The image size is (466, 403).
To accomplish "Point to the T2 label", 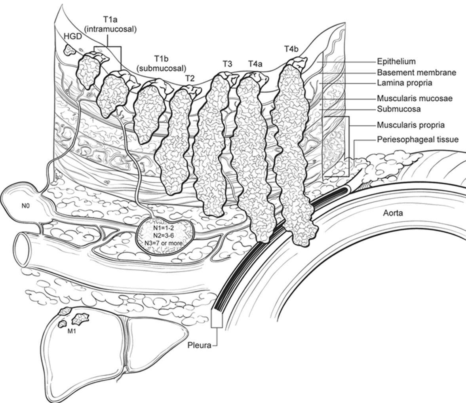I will click(190, 78).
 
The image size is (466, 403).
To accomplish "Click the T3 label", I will click(227, 63).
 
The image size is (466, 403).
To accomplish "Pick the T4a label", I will click(256, 63).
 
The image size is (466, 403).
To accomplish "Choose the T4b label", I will click(291, 49).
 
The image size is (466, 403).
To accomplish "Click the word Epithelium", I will click(396, 61).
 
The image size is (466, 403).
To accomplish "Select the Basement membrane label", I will click(416, 72).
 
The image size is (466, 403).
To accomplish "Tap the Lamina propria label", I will click(404, 83).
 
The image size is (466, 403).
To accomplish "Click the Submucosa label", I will click(398, 109).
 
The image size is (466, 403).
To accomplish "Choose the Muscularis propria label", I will click(411, 125).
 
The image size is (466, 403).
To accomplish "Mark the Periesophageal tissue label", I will click(417, 139).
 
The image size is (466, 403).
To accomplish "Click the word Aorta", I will click(393, 213).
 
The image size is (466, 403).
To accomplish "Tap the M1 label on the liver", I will click(72, 332).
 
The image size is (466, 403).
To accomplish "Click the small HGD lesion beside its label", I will click(70, 50).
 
